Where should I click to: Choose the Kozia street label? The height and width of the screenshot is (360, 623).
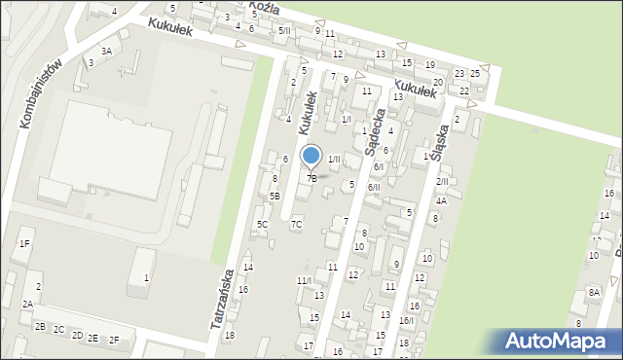coord(264,7)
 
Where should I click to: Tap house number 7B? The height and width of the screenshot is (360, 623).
coord(311,178)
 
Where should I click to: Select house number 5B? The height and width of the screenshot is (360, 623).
coord(275,197)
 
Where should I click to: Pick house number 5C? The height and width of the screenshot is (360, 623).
coord(262,225)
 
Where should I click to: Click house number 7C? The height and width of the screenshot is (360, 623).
coord(296,225)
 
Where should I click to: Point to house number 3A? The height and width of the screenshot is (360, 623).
coord(106,51)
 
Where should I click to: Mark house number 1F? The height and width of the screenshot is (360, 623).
coord(24,244)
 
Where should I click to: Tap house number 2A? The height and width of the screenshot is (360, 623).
coord(28,305)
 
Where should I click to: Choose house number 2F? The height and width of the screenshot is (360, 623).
coord(114,340)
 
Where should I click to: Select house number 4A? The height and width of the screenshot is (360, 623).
coord(441,201)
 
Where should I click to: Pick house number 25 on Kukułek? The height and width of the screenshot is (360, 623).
coord(475,74)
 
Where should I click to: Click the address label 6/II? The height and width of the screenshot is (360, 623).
coord(374,188)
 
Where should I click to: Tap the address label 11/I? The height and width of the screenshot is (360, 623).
coord(303,281)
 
